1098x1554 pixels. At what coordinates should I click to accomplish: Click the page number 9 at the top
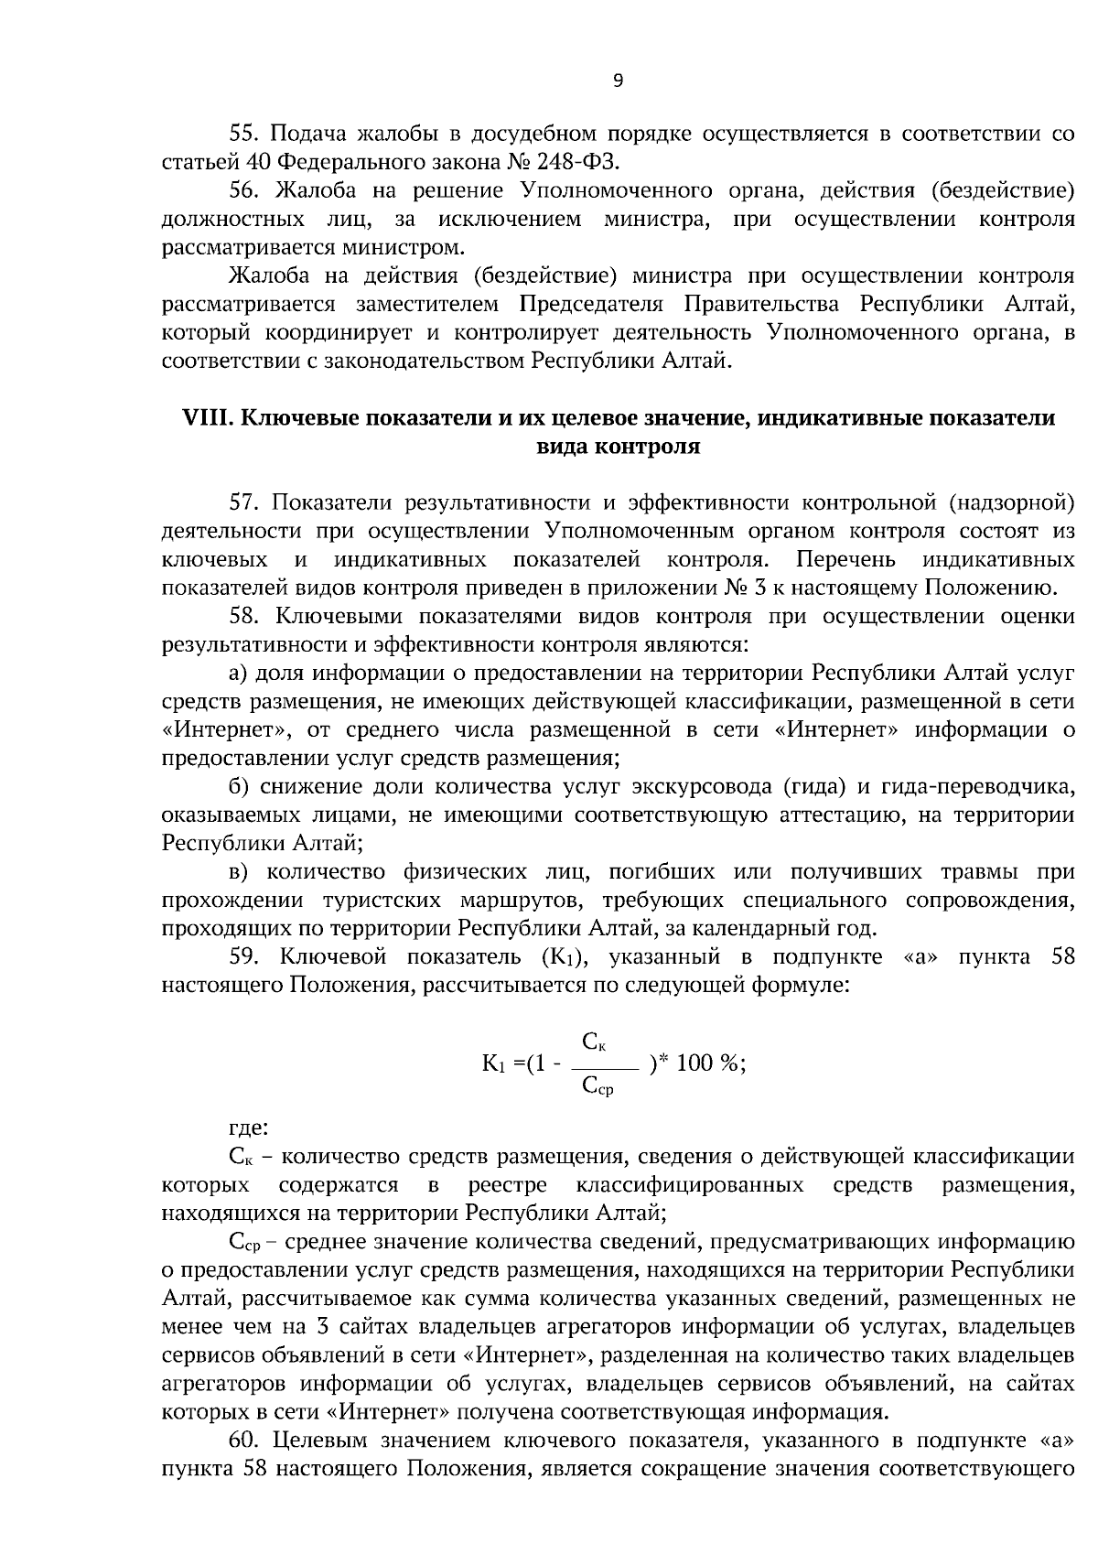(x=617, y=81)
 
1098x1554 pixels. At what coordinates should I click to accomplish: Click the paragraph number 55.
(x=244, y=135)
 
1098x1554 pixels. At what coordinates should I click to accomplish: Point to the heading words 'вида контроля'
(x=618, y=448)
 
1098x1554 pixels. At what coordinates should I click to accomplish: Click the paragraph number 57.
(x=244, y=502)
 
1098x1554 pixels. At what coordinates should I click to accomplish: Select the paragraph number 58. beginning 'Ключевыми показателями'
(x=245, y=616)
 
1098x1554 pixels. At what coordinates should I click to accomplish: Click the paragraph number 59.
(x=245, y=957)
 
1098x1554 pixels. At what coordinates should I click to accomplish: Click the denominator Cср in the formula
(x=597, y=1086)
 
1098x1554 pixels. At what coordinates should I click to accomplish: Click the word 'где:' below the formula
(x=247, y=1128)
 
